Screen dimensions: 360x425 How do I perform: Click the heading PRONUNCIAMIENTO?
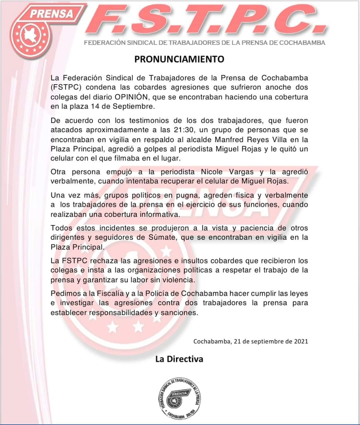pos(179,59)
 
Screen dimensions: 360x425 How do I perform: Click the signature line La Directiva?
pos(179,359)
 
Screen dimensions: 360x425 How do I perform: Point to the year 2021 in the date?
pos(301,341)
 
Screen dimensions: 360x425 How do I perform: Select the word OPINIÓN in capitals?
pos(131,97)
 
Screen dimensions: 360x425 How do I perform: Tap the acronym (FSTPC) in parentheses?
pos(66,88)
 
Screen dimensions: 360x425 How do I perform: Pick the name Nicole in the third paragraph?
pos(214,172)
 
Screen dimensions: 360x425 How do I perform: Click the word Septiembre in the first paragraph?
pos(137,107)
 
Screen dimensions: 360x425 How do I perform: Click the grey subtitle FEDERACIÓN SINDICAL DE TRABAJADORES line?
pos(204,43)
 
